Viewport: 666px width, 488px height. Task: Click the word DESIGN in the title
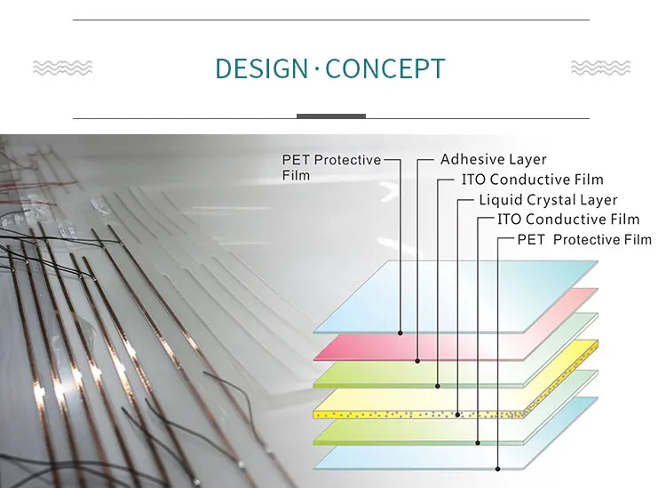tap(261, 68)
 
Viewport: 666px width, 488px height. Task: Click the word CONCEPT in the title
tap(385, 68)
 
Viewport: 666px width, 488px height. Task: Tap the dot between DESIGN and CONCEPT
tap(317, 68)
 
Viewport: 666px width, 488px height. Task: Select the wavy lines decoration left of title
tap(62, 68)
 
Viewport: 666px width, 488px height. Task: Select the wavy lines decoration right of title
tap(600, 68)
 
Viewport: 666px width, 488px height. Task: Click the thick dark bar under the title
tap(331, 116)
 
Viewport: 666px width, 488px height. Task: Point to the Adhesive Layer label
tap(493, 159)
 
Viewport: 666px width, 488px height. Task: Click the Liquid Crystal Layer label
tap(548, 199)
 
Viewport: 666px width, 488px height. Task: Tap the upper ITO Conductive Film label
tap(533, 180)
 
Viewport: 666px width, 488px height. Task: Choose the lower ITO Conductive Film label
tap(568, 220)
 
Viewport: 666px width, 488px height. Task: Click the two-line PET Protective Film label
tap(331, 167)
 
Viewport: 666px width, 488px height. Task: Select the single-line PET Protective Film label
tap(584, 239)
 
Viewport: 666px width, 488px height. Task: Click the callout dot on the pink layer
tap(417, 361)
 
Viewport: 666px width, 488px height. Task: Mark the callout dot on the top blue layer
tap(400, 333)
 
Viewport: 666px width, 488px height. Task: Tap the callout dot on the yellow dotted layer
tap(457, 414)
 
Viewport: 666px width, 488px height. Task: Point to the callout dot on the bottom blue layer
tap(497, 468)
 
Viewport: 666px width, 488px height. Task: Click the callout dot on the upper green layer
tap(438, 386)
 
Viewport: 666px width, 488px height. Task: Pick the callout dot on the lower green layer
tap(478, 443)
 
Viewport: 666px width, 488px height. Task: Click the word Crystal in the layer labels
tap(544, 200)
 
